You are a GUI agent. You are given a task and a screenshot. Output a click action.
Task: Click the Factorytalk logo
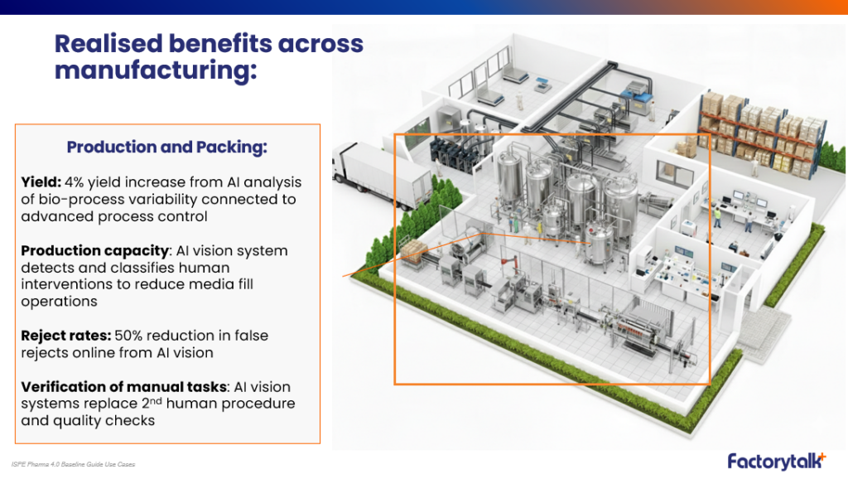[x=777, y=461]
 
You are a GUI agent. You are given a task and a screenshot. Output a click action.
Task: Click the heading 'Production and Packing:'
[x=167, y=148]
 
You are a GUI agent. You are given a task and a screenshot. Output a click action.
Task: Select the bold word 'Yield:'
[x=41, y=182]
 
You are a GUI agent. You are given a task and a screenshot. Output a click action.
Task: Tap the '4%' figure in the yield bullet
[x=74, y=182]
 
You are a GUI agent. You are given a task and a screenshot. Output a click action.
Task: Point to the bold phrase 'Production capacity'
[x=95, y=251]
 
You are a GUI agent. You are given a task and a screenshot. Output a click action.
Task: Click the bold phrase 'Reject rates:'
[x=66, y=336]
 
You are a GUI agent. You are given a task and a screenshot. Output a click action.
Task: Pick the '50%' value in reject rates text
[x=128, y=336]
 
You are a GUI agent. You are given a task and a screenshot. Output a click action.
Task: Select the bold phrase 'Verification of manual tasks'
[x=124, y=387]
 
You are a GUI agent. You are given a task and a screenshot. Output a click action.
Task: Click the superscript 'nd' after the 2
[x=156, y=401]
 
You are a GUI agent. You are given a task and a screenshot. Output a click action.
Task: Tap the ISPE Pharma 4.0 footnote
[x=73, y=464]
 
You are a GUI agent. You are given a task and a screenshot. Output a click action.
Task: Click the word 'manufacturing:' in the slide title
[x=156, y=71]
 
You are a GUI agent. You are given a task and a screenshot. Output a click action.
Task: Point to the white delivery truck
[x=382, y=172]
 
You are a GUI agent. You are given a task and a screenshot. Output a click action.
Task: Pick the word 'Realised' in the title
[x=108, y=44]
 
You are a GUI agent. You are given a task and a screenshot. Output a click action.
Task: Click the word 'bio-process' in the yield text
[x=73, y=200]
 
